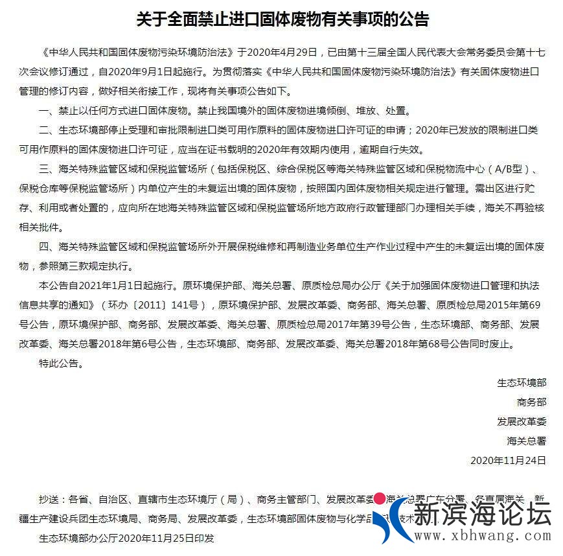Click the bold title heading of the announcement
(x=282, y=19)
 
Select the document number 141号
(x=190, y=305)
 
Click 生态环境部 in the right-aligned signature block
(x=522, y=383)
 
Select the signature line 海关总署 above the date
(x=526, y=441)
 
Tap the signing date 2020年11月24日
(x=508, y=461)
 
